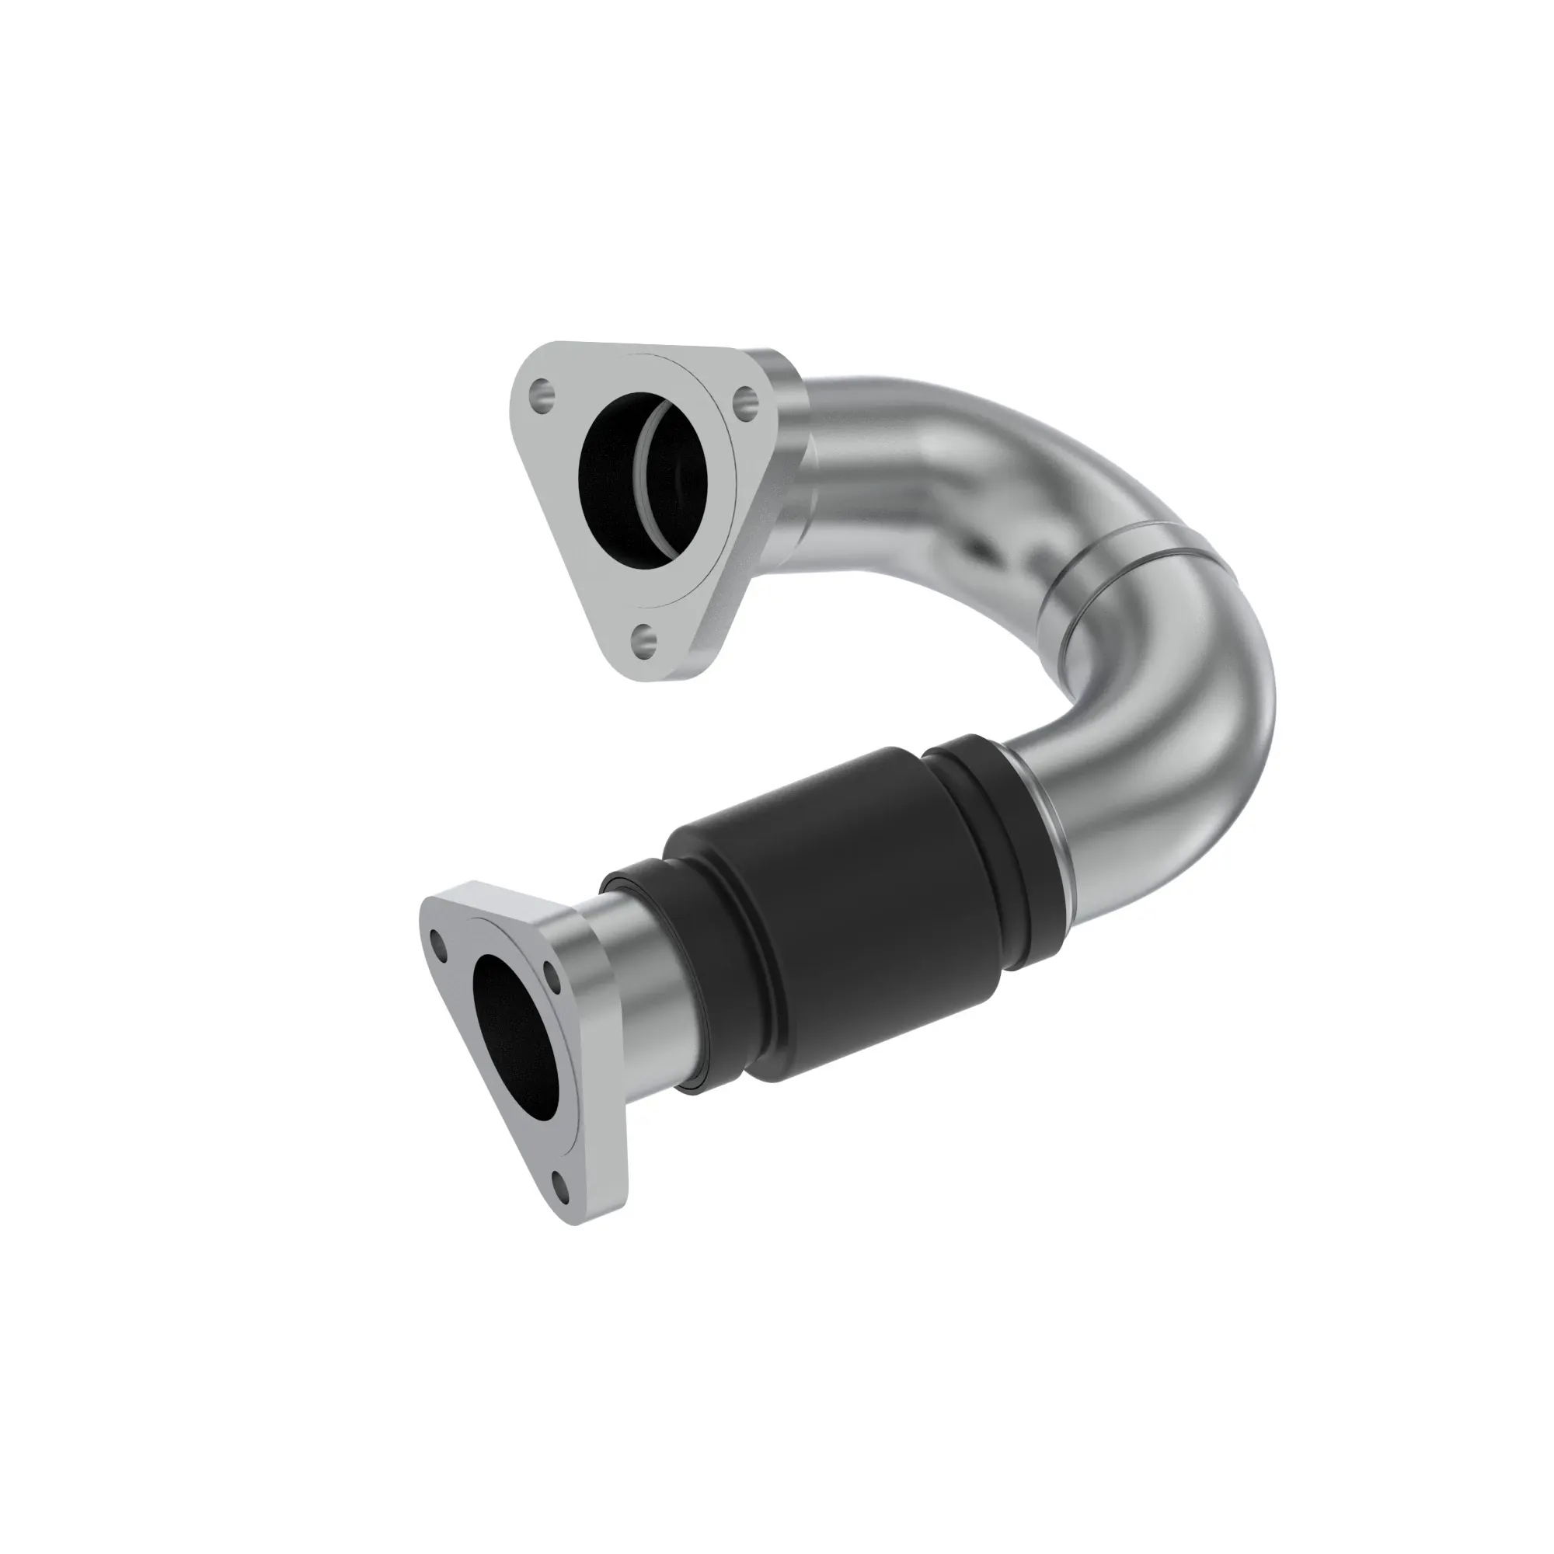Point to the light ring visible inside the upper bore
tap(653, 475)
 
